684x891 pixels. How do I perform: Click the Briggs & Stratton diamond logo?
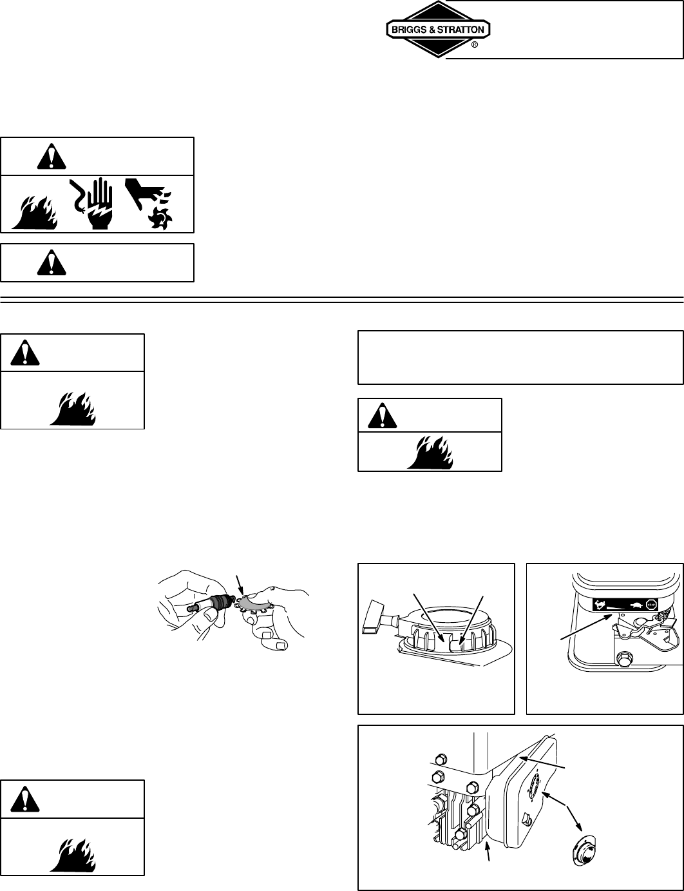[x=438, y=30]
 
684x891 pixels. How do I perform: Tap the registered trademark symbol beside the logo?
[x=474, y=45]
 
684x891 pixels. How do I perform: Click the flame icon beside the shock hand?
[x=35, y=212]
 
